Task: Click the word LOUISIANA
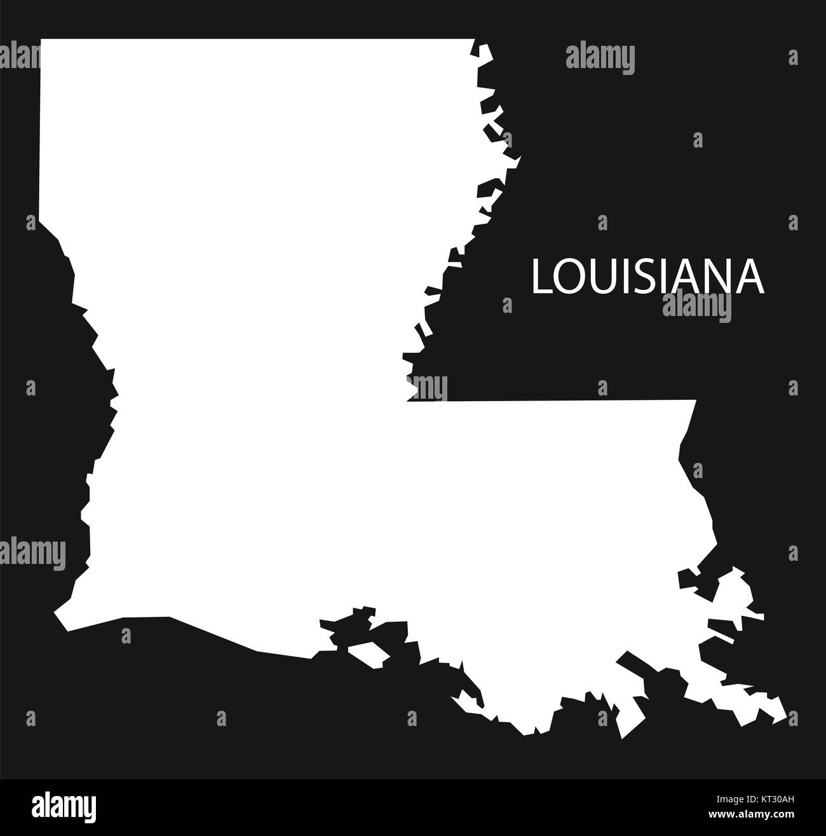648,277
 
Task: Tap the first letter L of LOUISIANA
540,278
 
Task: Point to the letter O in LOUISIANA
567,278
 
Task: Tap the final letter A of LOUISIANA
750,278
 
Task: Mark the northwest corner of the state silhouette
42,41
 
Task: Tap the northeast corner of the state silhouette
473,41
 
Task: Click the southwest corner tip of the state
56,615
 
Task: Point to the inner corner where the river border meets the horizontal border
407,401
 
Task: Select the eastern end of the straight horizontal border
696,401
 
